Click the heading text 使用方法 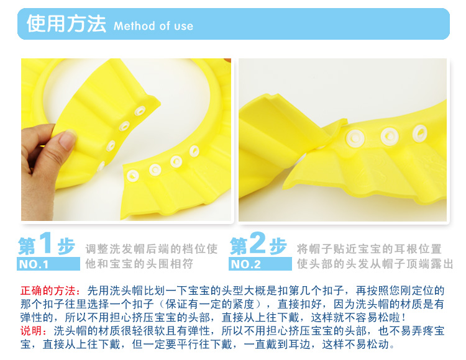point(66,24)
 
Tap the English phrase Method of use point(153,26)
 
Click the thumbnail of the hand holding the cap point(126,140)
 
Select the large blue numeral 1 point(46,243)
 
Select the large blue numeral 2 point(257,243)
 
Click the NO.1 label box point(48,264)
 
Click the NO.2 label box point(260,264)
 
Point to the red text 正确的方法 point(48,290)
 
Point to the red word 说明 point(31,331)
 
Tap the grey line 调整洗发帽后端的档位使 point(152,249)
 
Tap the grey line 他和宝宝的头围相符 point(139,264)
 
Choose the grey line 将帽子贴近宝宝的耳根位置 point(369,249)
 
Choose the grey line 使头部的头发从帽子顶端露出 point(375,264)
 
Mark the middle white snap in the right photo point(390,136)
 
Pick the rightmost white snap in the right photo point(420,133)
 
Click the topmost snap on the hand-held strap point(140,111)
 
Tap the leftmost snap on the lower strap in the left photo point(132,176)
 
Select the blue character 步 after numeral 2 point(278,246)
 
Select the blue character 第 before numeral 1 point(27,246)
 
